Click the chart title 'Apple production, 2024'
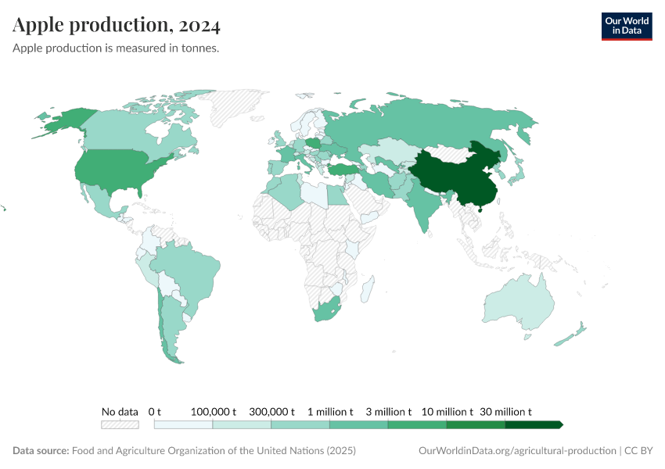coord(117,26)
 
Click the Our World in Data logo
coord(626,25)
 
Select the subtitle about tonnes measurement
coord(116,48)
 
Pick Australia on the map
coord(516,305)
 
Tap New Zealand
coord(571,334)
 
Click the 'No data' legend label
coord(120,411)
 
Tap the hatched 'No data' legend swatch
coord(120,424)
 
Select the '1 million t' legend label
coord(330,411)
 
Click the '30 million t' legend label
coord(505,411)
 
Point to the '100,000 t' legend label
coord(213,411)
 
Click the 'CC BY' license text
coord(639,451)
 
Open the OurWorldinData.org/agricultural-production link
coord(517,451)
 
